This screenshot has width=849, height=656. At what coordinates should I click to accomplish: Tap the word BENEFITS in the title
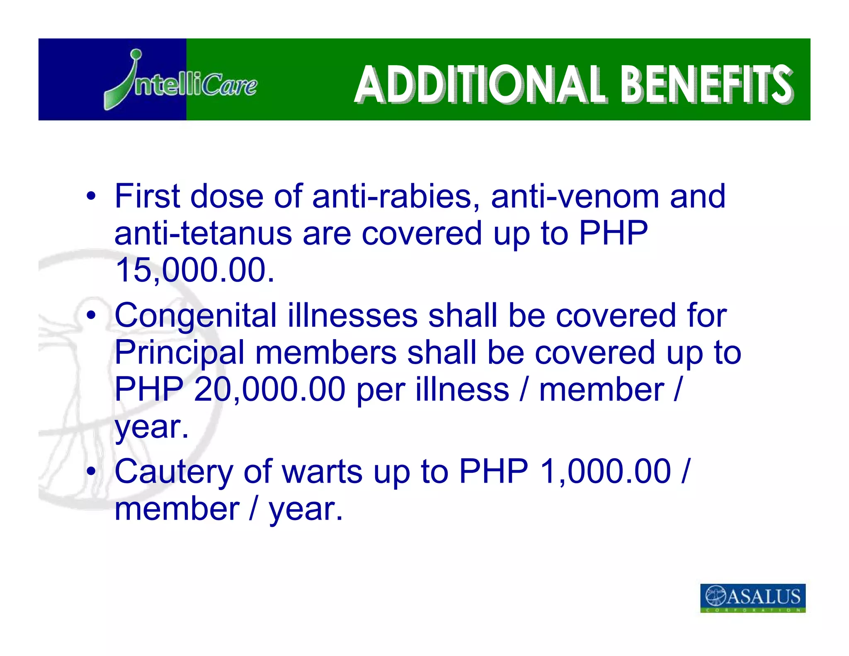[706, 85]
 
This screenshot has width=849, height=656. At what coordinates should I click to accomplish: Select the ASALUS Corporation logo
[752, 598]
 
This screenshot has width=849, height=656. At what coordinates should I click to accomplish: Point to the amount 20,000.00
[269, 389]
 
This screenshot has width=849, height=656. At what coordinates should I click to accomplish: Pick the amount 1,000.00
[606, 471]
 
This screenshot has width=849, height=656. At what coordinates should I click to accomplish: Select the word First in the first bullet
[147, 196]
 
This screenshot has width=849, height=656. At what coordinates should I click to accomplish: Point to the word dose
[227, 196]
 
